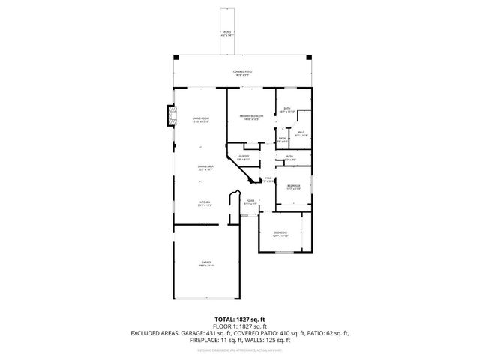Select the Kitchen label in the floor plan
tap(204, 203)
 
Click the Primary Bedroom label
tap(250, 117)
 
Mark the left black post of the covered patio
tap(175, 57)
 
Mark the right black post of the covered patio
tap(308, 57)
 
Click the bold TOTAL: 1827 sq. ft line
tap(240, 319)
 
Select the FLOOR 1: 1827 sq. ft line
tap(240, 326)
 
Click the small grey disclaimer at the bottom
tap(240, 349)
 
